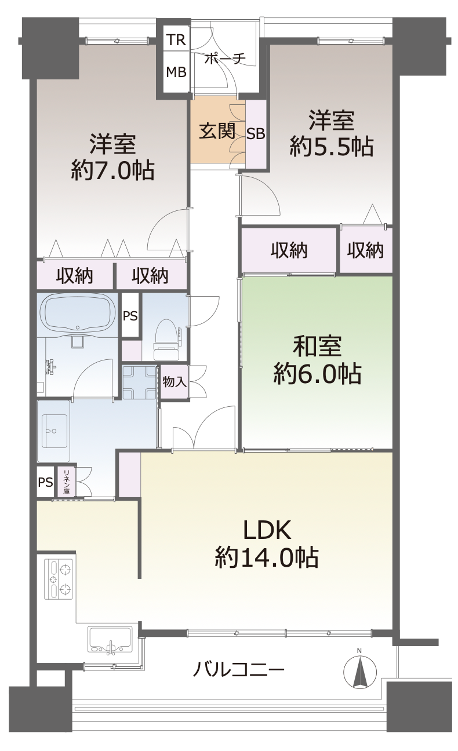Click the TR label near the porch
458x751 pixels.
[176, 40]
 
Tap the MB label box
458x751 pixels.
[176, 72]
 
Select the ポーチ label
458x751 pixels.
[225, 59]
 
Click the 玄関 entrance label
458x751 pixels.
[217, 131]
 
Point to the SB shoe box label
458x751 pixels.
[256, 134]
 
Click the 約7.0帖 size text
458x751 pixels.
[112, 170]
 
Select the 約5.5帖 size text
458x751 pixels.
[332, 146]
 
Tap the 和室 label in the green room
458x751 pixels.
[317, 346]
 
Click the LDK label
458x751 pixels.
[267, 530]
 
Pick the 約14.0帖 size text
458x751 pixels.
[267, 557]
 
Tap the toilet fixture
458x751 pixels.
[166, 340]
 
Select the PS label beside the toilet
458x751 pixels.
[130, 316]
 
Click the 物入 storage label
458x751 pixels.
[175, 381]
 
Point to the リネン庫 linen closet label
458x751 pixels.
[67, 482]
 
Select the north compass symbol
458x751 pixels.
[360, 671]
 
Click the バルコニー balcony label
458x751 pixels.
[238, 669]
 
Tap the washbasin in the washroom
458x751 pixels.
[54, 431]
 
